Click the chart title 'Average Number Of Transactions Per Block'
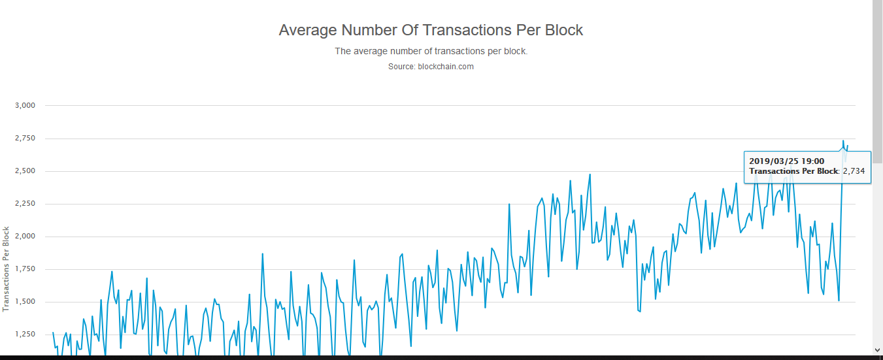[431, 30]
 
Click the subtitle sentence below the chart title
[431, 51]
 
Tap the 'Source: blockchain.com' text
[431, 67]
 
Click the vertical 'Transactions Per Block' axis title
[7, 269]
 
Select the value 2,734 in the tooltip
[854, 171]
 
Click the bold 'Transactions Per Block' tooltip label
[793, 171]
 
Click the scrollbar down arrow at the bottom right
[877, 350]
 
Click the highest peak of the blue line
[843, 140]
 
